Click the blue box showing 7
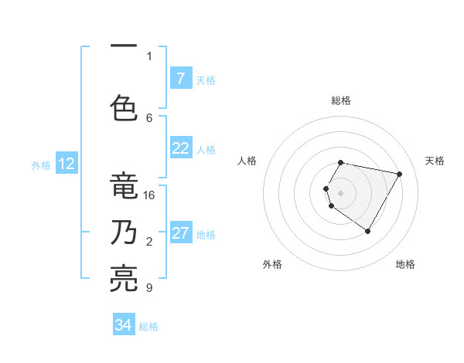point(180,79)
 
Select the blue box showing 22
point(180,149)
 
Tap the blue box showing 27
point(180,234)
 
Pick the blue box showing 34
point(124,325)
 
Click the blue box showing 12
point(66,164)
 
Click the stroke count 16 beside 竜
point(150,195)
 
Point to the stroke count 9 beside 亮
point(149,288)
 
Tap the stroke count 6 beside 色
point(149,117)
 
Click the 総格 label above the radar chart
point(341,100)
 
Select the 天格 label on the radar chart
point(435,161)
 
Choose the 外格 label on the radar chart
point(272,265)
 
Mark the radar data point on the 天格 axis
point(400,174)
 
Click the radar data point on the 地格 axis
point(368,231)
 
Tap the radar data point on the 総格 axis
point(341,162)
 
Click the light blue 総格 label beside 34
point(148,327)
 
